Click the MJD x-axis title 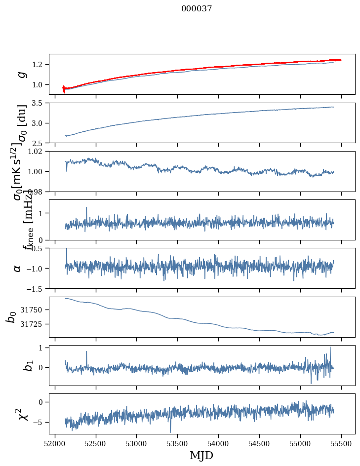pos(201,455)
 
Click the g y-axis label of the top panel pos(20,74)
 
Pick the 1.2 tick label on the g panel pos(39,65)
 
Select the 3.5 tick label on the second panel pos(39,103)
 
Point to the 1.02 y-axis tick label pos(37,152)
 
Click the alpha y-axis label pos(18,268)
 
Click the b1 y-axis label pos(15,365)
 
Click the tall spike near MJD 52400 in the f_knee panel pos(86,208)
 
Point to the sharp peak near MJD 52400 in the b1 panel pos(86,351)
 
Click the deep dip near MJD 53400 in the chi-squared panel pos(170,432)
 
